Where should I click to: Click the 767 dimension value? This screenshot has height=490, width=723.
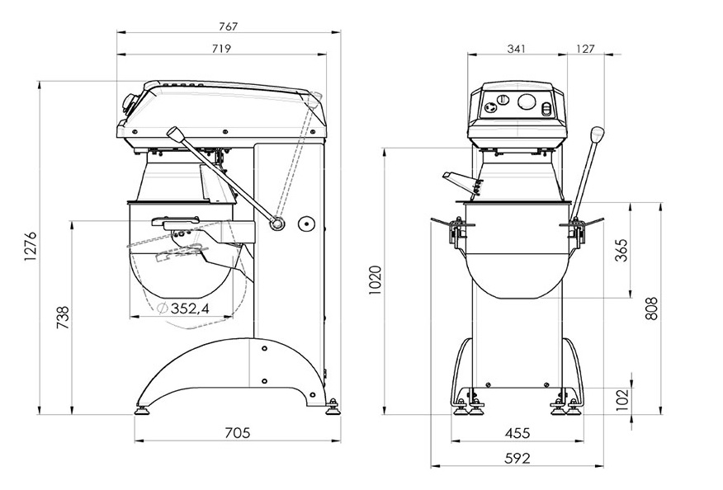pos(229,26)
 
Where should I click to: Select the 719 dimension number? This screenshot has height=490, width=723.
pos(221,49)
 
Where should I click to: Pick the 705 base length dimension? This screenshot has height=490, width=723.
pos(236,432)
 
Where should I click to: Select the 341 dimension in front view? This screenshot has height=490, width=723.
pos(516,49)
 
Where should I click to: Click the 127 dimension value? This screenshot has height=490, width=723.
pos(584,49)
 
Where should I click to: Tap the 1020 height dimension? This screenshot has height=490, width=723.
pos(376,281)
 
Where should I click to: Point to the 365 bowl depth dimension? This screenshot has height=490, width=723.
pos(622,251)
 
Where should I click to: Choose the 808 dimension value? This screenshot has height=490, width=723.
pos(652,309)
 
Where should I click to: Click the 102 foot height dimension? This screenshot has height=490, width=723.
pos(622,398)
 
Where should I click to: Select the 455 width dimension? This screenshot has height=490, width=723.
pos(517,433)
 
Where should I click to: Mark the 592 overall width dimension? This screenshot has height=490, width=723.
pos(517,459)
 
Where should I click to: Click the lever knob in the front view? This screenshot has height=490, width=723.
pos(597,134)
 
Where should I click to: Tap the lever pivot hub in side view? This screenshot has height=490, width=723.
pos(278,224)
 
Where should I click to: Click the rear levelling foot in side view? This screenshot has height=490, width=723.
pos(333,406)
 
